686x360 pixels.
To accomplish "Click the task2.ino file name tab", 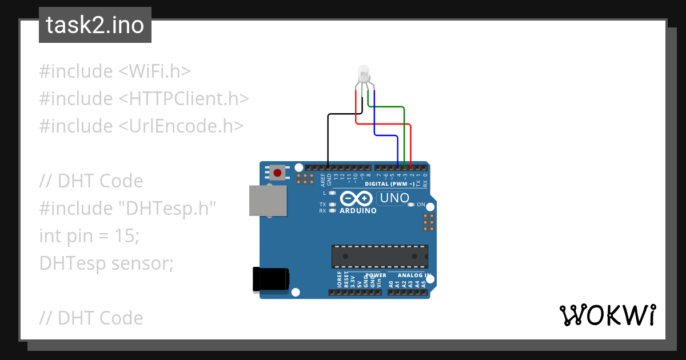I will coord(95,25).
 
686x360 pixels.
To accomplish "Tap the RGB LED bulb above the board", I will coord(363,74).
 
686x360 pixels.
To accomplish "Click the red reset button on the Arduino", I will coord(278,173).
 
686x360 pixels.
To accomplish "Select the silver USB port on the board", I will coord(268,201).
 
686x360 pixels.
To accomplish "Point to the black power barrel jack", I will coord(271,279).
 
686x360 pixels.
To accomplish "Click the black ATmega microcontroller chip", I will coord(380,256).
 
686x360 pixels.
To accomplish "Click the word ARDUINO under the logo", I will coord(358,210).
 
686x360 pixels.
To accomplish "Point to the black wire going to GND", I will coord(328,137).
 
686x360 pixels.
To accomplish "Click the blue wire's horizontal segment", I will coord(386,135).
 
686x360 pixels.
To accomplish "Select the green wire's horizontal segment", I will coord(386,107).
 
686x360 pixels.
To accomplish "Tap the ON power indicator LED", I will coord(411,205).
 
